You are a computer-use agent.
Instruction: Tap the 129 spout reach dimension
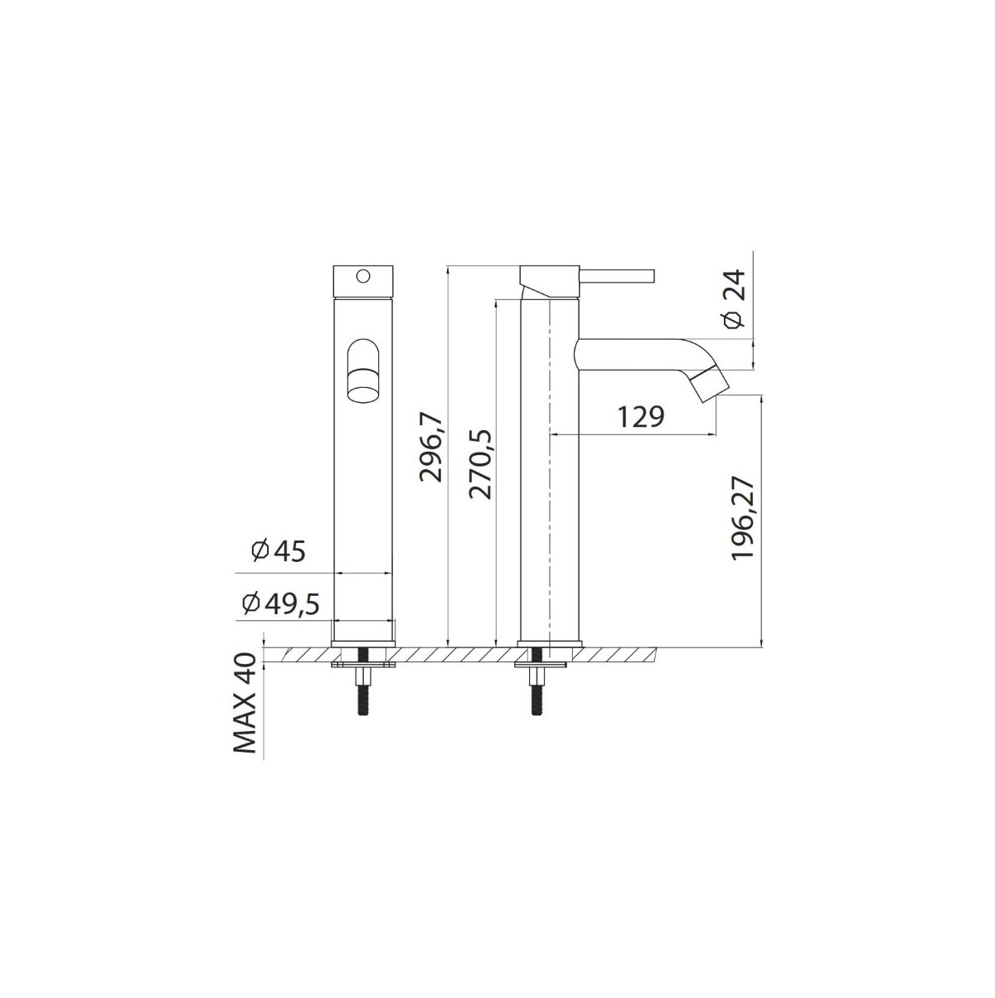(x=640, y=418)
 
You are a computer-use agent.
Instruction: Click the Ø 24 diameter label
(x=733, y=299)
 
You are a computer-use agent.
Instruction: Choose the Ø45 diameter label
(x=279, y=551)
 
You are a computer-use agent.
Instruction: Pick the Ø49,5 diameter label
(x=280, y=603)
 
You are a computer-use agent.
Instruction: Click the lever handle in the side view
(x=617, y=276)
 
